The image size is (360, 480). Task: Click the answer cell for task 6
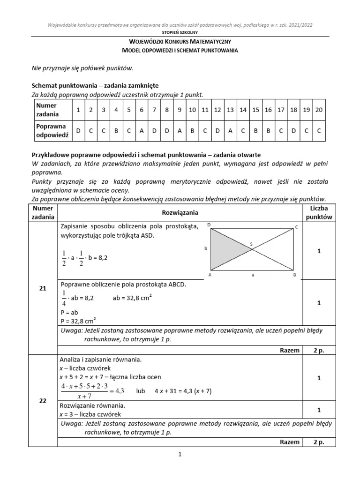click(141, 131)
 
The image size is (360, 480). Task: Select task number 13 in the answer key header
click(230, 110)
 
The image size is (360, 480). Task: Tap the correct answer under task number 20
click(319, 131)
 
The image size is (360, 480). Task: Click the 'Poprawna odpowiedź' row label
click(52, 131)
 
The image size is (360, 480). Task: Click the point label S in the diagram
click(251, 244)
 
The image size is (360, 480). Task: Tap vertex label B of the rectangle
click(294, 275)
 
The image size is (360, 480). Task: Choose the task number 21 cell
click(43, 289)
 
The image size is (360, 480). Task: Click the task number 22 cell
click(43, 401)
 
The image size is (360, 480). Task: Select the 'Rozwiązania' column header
click(180, 212)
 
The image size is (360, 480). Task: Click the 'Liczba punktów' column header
click(319, 212)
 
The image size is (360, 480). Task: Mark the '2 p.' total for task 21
click(319, 350)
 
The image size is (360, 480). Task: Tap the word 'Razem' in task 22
click(290, 442)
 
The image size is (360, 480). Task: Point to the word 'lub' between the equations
click(141, 390)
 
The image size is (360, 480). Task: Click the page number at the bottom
click(180, 454)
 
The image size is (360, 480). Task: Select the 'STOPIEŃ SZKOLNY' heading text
click(180, 32)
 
